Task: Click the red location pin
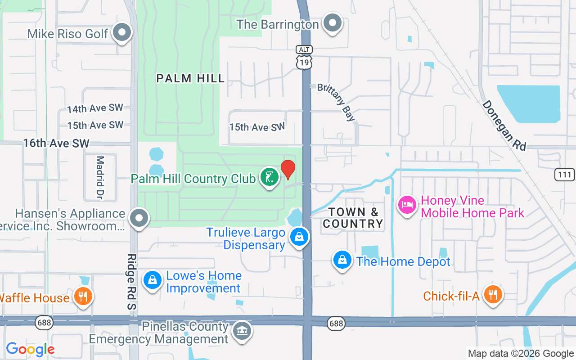288,169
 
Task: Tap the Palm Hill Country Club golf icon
269,177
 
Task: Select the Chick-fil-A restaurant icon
493,295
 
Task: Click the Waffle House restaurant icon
83,297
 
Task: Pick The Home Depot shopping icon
342,260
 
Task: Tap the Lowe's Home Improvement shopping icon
153,280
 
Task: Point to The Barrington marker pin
333,22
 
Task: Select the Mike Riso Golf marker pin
121,32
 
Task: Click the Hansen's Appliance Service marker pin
139,219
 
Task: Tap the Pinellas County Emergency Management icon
242,332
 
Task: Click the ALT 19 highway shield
305,57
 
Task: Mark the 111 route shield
565,174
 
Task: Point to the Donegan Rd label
504,125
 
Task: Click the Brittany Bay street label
336,102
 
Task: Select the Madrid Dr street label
100,177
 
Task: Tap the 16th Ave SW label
56,143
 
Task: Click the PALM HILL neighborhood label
190,78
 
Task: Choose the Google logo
30,349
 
